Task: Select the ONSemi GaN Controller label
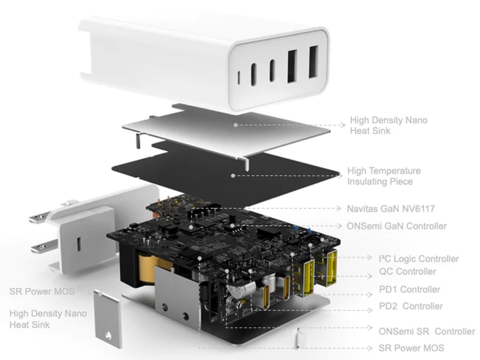point(397,226)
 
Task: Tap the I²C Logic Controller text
point(419,259)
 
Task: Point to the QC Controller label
point(407,272)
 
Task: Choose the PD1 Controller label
point(409,289)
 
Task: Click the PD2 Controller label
point(411,306)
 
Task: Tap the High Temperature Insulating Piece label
point(384,176)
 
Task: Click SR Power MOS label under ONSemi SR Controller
point(412,348)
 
